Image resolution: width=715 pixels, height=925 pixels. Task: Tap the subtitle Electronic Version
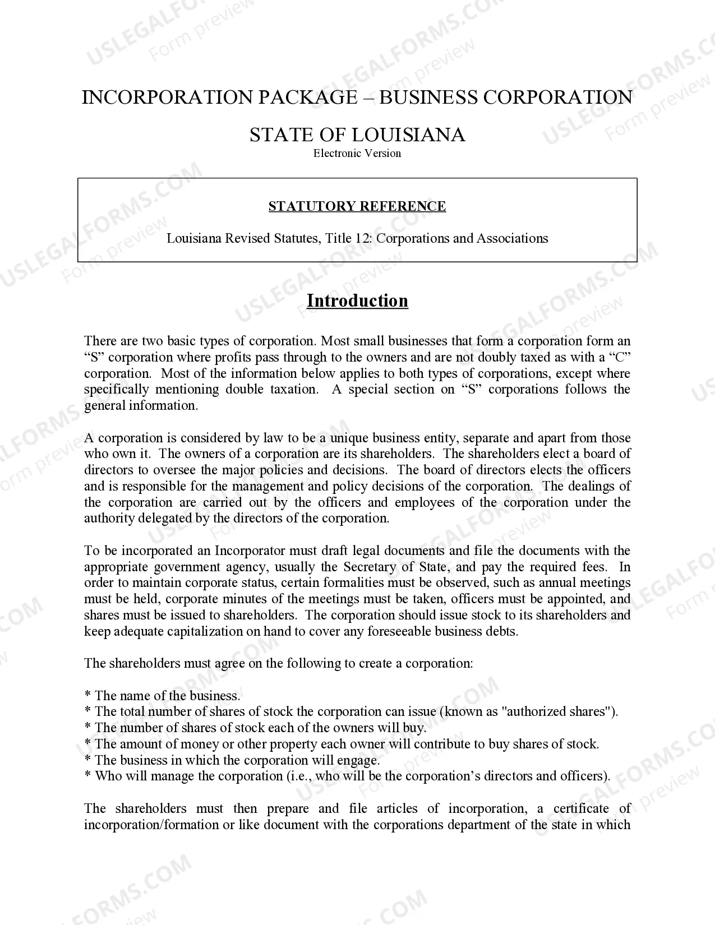point(357,153)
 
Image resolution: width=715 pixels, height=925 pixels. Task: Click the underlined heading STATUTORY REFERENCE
point(357,206)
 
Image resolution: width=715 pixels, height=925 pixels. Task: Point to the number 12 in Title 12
point(362,238)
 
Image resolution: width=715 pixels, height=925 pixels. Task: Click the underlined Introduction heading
point(357,301)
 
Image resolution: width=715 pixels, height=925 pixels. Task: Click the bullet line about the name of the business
point(163,696)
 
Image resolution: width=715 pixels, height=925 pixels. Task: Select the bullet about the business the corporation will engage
point(232,760)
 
